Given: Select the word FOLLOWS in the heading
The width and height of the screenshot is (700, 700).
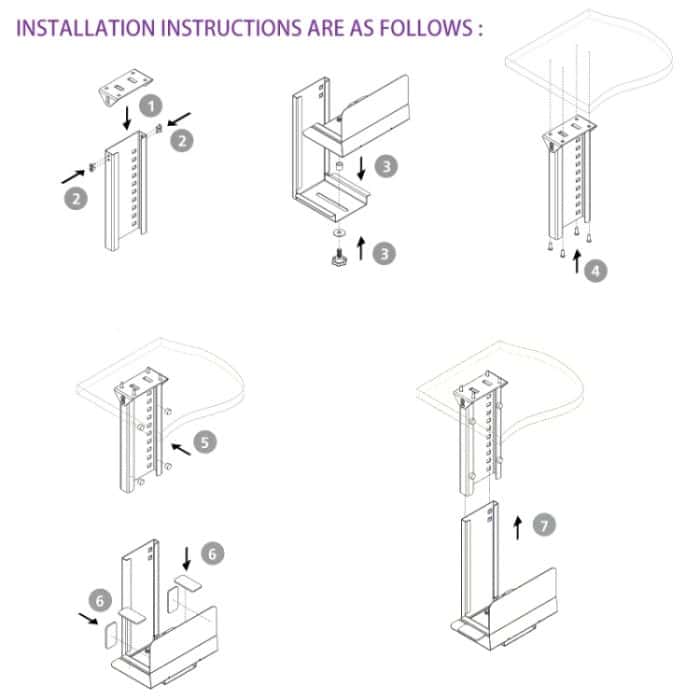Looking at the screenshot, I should click(423, 27).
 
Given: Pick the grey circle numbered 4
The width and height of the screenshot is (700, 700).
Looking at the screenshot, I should click(597, 271).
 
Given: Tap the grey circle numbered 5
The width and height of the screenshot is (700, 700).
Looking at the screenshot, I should click(205, 440).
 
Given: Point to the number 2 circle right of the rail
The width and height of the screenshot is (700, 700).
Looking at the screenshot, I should click(181, 141).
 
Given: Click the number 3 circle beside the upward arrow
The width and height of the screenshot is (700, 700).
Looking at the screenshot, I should click(384, 254).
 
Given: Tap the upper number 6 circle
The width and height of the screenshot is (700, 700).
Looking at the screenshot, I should click(213, 551).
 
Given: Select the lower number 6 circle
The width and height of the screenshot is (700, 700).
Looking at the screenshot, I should click(100, 600).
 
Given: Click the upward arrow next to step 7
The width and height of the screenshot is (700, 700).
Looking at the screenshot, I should click(517, 527).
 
